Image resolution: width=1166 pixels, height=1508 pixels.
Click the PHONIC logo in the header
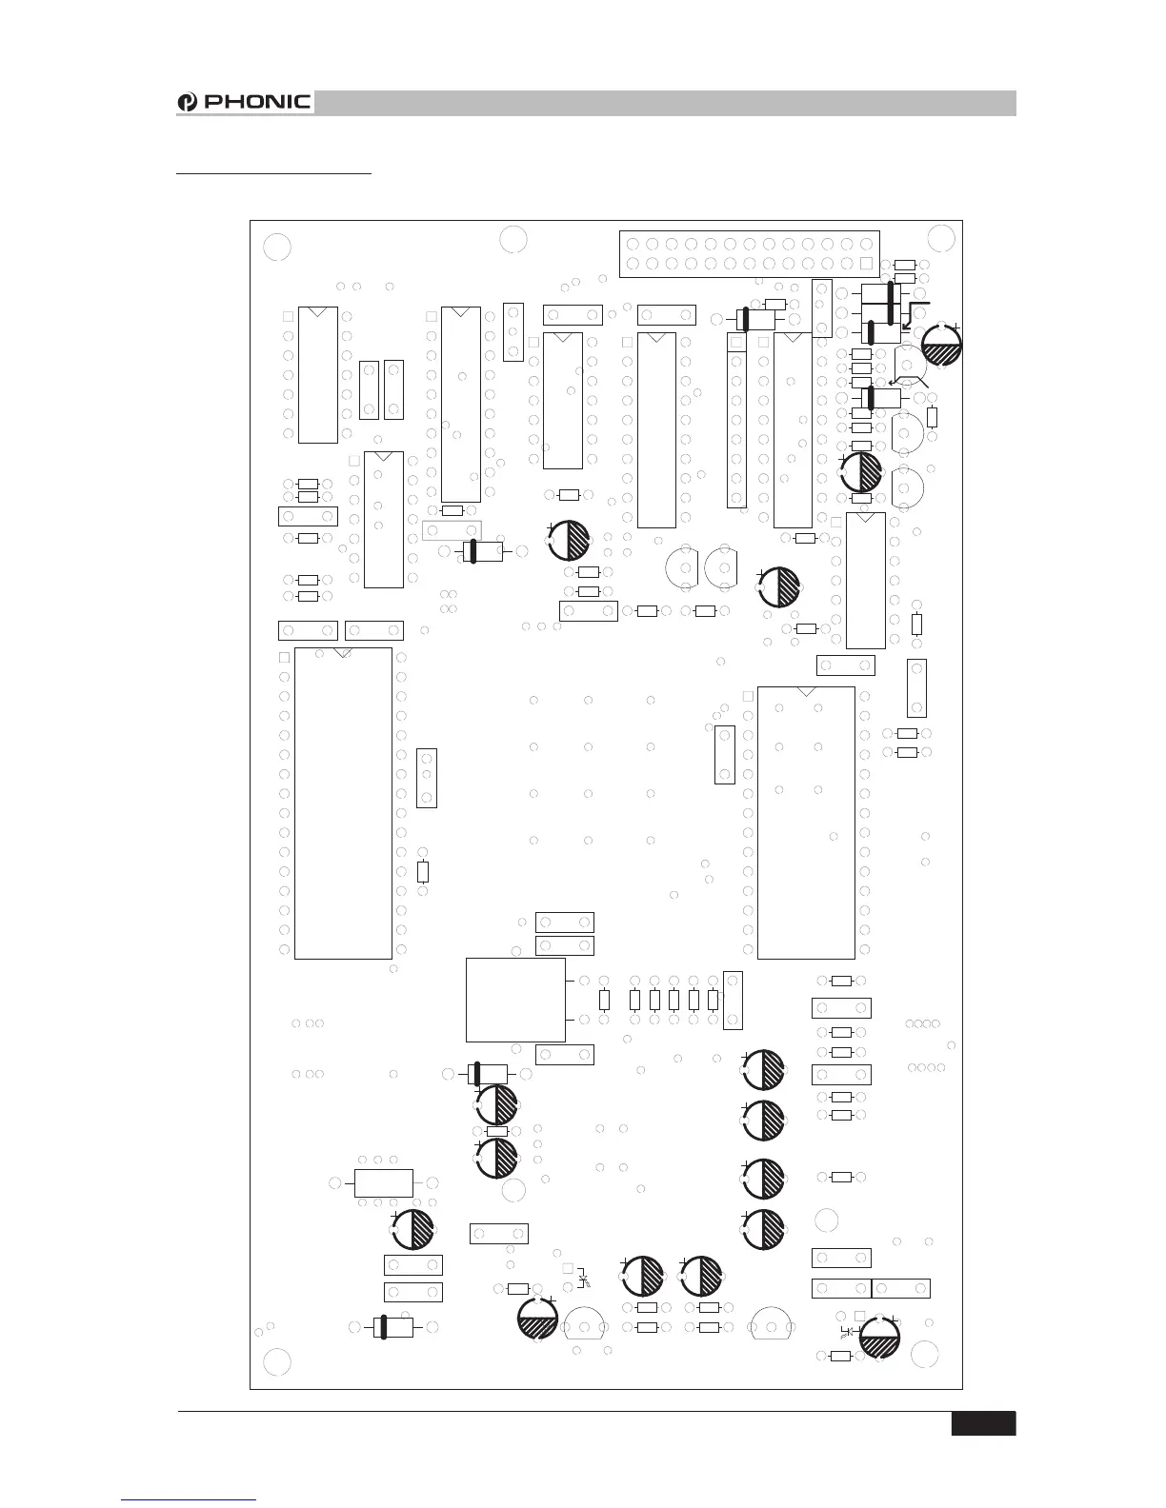[246, 102]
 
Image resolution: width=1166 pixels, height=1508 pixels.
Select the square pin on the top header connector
[866, 263]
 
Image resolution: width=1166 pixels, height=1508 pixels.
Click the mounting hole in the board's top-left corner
[276, 246]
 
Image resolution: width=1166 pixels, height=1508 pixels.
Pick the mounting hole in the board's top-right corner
[941, 238]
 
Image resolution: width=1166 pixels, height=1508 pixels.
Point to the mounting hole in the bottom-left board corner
[276, 1362]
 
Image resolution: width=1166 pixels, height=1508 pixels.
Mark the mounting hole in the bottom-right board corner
[922, 1354]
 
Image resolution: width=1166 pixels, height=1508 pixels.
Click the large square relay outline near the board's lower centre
[515, 1000]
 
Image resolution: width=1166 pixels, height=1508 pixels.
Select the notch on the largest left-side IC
[344, 652]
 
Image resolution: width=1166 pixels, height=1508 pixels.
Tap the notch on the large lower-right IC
[806, 690]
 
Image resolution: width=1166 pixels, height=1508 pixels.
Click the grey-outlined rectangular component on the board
[452, 530]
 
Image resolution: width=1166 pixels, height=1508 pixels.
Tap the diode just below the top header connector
[758, 320]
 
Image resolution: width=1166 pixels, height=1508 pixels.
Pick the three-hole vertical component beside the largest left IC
[427, 778]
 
